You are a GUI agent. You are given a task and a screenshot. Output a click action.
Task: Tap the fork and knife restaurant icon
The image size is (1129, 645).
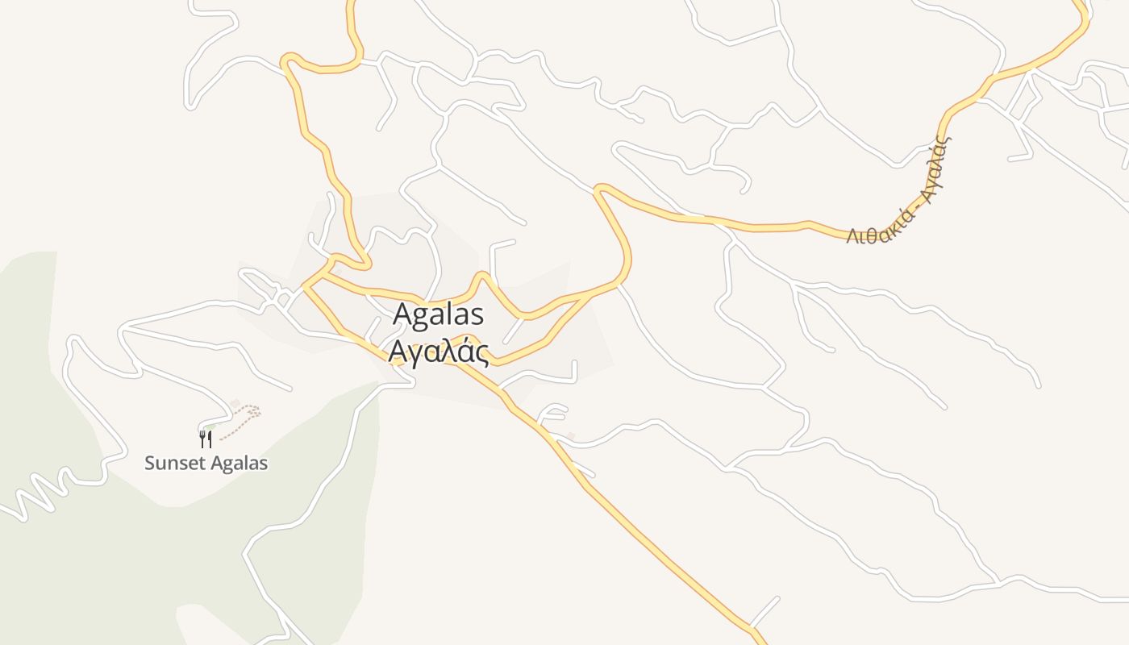[206, 439]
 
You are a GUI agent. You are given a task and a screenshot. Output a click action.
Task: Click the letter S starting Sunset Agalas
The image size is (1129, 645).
[149, 464]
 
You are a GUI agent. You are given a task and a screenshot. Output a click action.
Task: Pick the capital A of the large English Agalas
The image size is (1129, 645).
[402, 315]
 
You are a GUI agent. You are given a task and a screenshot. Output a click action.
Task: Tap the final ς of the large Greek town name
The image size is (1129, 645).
[481, 354]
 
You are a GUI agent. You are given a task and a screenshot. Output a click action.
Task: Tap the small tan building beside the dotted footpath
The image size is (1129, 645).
[235, 403]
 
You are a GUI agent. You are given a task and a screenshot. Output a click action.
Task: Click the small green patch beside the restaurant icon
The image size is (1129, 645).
[211, 426]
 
